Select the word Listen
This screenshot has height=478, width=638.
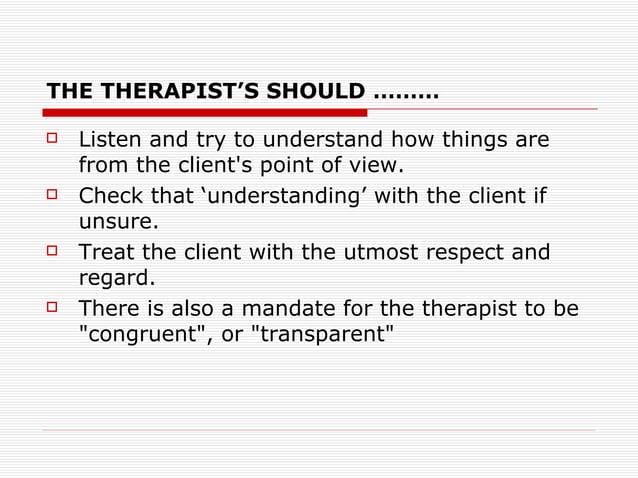click(x=109, y=138)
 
